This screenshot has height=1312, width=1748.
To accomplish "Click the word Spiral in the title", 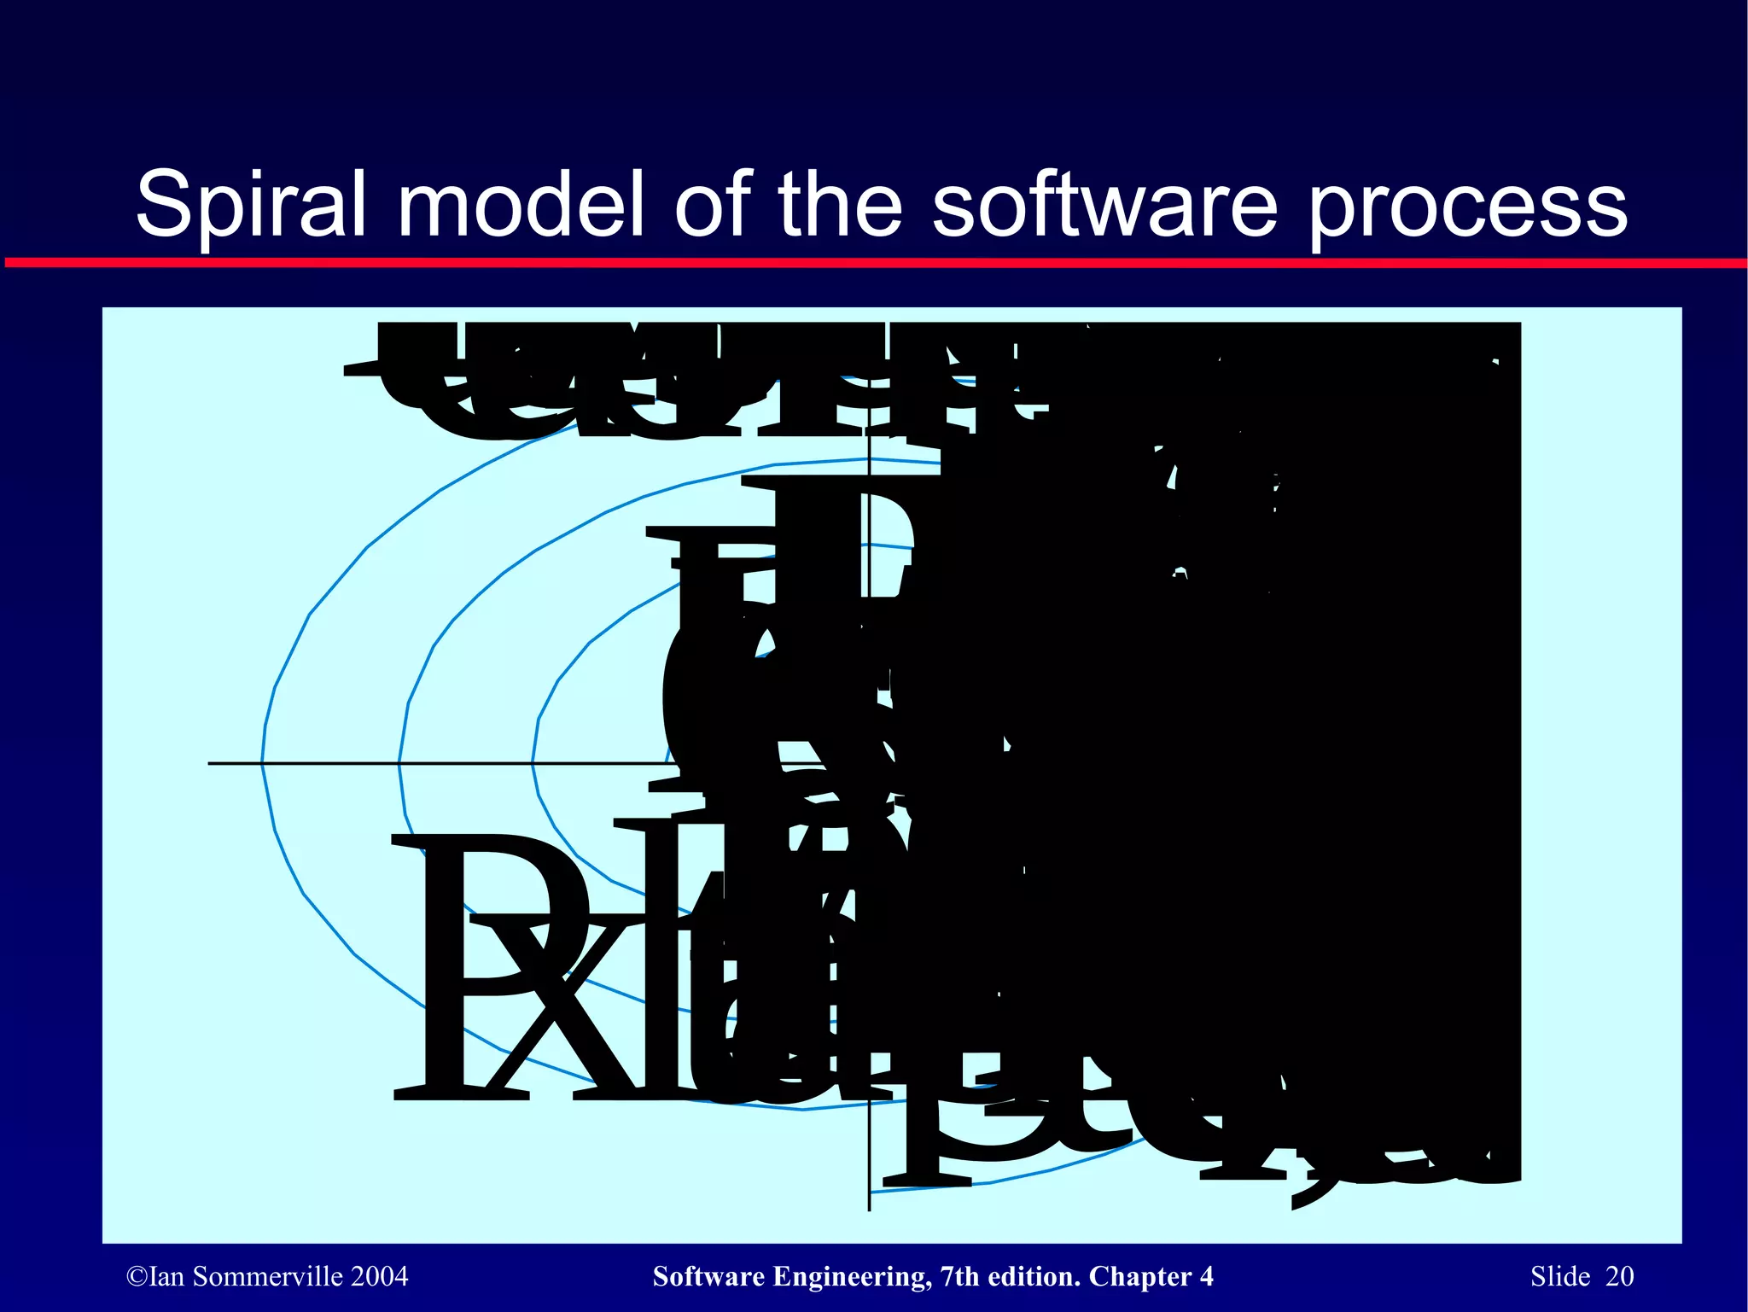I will coord(251,205).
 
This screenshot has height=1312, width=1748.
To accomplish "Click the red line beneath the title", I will coord(874,263).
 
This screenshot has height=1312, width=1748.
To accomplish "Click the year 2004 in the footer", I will coord(379,1277).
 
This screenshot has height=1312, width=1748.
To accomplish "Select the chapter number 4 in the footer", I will coord(1206,1277).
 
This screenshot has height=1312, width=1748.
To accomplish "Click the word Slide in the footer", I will coord(1560,1277).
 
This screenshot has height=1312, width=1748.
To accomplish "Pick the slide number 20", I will coord(1619,1277).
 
